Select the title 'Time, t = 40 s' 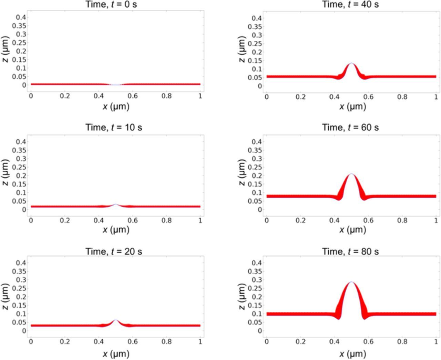350,4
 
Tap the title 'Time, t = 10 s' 113,127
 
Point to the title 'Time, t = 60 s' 350,127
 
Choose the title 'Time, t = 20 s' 113,251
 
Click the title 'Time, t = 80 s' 350,251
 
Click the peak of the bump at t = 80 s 351,282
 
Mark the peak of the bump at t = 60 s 351,174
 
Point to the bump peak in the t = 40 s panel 351,63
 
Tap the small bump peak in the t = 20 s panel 116,320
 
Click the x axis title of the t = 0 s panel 116,107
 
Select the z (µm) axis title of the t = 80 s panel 242,297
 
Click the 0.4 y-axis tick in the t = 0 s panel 19,17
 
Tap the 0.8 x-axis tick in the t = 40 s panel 402,97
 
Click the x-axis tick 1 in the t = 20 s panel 200,342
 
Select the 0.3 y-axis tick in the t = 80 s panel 256,280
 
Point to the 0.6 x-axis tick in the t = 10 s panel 133,220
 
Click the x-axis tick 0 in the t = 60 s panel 267,220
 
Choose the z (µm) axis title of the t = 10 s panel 5,172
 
